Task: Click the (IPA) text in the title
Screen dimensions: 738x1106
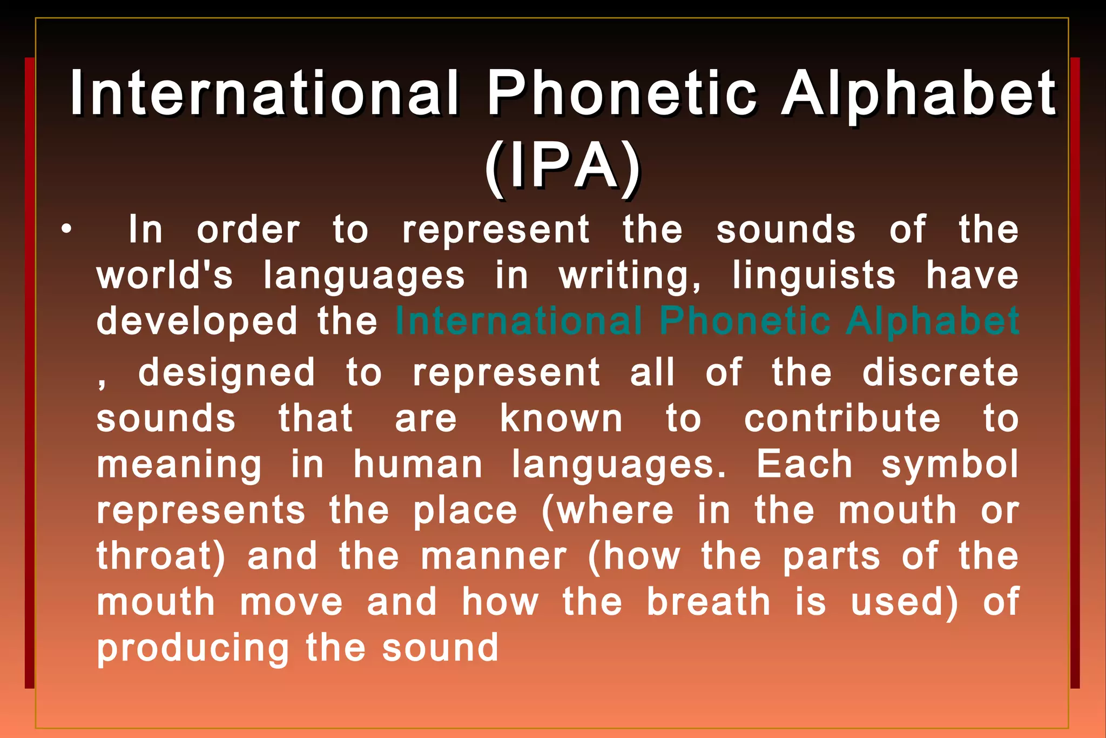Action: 562,166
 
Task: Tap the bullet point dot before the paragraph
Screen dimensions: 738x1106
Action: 66,230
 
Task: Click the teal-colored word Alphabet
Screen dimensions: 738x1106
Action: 932,321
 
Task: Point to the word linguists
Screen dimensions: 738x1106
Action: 814,276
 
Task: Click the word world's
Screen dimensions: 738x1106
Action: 165,276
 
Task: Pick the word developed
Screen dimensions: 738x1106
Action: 197,321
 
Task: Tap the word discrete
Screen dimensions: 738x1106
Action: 940,373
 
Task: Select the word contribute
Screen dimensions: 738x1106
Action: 842,419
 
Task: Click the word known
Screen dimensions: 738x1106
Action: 561,419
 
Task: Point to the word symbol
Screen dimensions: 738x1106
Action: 950,465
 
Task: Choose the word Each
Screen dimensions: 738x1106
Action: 804,465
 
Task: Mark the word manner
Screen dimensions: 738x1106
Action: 494,556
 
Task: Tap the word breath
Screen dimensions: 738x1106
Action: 709,602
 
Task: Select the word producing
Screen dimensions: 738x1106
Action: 193,648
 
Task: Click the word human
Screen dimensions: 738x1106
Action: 418,465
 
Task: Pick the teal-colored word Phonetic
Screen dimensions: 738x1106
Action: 745,321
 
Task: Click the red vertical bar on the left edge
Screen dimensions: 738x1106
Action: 29,373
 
